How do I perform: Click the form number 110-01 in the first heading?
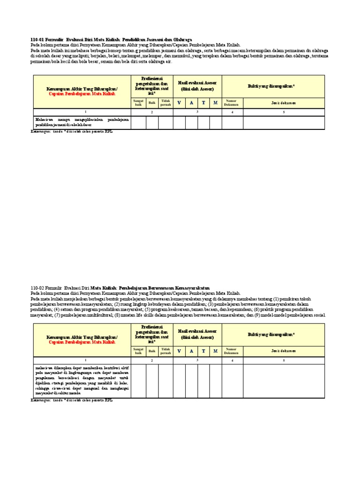click(37, 40)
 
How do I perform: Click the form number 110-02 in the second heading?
click(37, 287)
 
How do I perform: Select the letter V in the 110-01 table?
click(179, 103)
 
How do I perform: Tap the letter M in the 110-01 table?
click(215, 103)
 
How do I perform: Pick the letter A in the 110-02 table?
click(191, 351)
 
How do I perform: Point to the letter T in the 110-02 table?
click(203, 351)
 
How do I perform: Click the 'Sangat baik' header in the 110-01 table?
click(138, 103)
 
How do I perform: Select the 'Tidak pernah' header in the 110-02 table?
click(165, 351)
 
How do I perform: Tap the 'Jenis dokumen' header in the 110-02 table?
click(284, 351)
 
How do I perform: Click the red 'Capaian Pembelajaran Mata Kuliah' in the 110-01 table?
click(82, 94)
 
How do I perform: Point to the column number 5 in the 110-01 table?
click(284, 112)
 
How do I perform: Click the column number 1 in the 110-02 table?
click(82, 360)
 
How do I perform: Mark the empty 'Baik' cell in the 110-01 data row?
click(152, 122)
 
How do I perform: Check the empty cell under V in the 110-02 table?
click(179, 381)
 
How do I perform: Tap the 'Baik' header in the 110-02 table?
click(152, 351)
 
